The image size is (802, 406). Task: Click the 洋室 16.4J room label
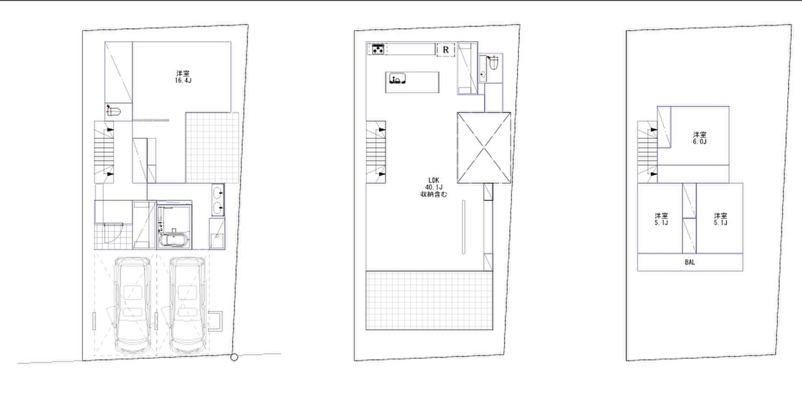pyautogui.click(x=183, y=77)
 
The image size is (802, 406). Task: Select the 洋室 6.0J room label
pyautogui.click(x=700, y=138)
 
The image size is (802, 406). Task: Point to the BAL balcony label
pyautogui.click(x=690, y=262)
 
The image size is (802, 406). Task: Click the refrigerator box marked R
pyautogui.click(x=446, y=49)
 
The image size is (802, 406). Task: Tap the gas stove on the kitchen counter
pyautogui.click(x=378, y=49)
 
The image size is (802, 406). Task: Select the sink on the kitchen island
pyautogui.click(x=398, y=78)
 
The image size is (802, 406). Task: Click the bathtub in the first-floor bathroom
pyautogui.click(x=174, y=239)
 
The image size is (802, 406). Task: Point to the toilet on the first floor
pyautogui.click(x=114, y=112)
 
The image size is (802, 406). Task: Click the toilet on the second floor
pyautogui.click(x=493, y=63)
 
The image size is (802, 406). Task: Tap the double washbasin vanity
pyautogui.click(x=218, y=200)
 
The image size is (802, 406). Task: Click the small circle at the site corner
pyautogui.click(x=234, y=357)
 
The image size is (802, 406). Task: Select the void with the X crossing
pyautogui.click(x=484, y=148)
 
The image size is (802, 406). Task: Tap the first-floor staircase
pyautogui.click(x=104, y=152)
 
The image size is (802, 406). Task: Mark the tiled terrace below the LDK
pyautogui.click(x=429, y=300)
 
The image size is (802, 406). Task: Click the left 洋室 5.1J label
pyautogui.click(x=661, y=219)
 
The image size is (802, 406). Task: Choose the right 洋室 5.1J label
pyautogui.click(x=720, y=219)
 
